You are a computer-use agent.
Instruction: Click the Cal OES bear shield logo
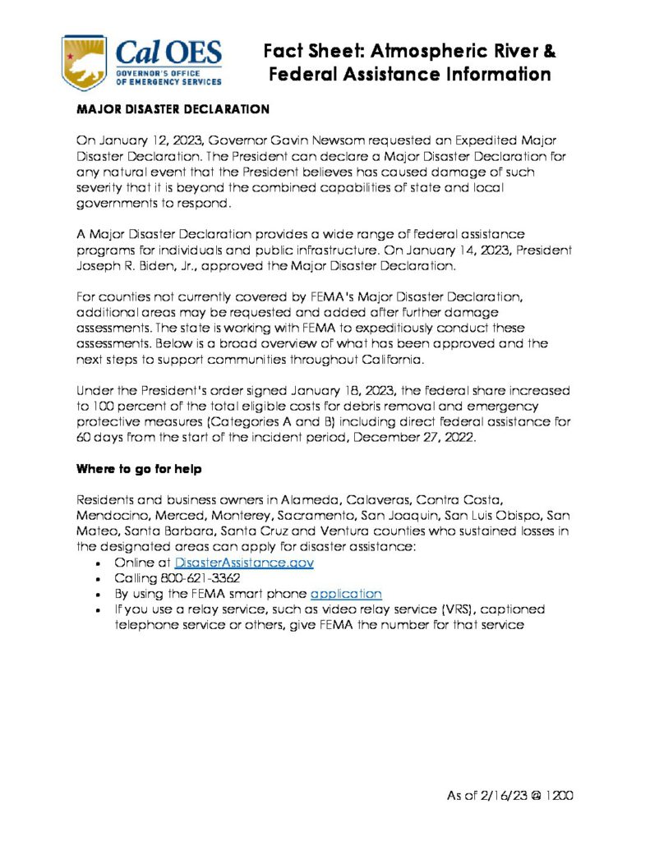click(86, 62)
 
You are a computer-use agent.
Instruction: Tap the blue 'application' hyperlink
click(346, 593)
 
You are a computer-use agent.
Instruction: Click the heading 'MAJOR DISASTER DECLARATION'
click(173, 108)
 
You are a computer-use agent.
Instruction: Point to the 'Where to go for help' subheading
click(137, 470)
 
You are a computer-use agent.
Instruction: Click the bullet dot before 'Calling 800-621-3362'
click(99, 578)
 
